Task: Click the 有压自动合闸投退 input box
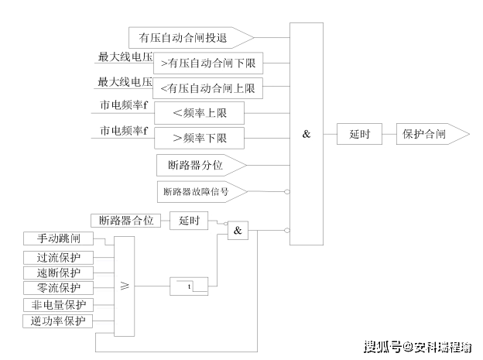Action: (191, 38)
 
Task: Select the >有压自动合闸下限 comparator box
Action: (208, 63)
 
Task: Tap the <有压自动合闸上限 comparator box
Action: (208, 88)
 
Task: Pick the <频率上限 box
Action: (199, 113)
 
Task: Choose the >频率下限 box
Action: (199, 138)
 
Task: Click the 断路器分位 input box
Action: (201, 165)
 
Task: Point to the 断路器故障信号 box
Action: (202, 192)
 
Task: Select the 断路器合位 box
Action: (125, 221)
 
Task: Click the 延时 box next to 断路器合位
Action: (189, 221)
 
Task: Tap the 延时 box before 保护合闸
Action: (359, 134)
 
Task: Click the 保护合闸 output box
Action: (433, 134)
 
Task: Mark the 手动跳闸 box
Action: (59, 238)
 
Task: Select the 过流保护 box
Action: (59, 258)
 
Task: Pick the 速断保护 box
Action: (59, 273)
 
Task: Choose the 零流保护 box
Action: (59, 288)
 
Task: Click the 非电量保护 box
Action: (59, 305)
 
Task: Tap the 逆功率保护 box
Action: (58, 321)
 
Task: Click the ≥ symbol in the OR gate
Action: (125, 286)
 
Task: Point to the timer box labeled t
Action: (189, 286)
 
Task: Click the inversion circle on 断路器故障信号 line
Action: (286, 192)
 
